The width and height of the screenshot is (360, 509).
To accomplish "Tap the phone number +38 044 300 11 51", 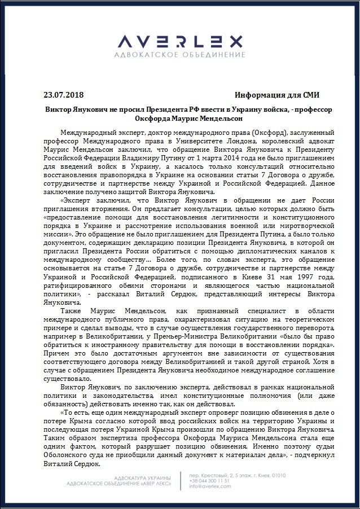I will coord(210,481).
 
